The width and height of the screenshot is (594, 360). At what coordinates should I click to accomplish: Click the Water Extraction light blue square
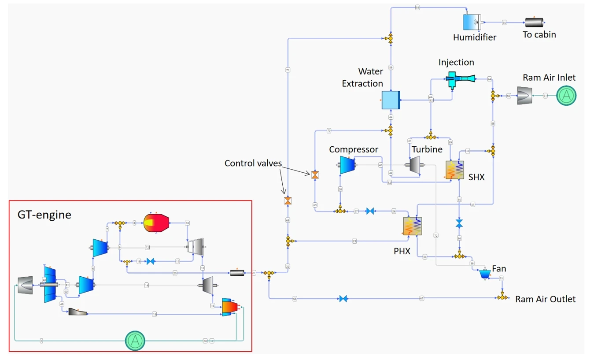click(391, 100)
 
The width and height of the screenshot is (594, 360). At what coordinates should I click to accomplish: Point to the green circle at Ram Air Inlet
click(566, 95)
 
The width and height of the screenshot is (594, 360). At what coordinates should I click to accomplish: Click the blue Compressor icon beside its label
click(347, 165)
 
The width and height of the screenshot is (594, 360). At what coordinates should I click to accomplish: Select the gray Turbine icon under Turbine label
click(415, 166)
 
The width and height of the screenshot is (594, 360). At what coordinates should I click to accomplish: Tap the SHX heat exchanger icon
click(455, 170)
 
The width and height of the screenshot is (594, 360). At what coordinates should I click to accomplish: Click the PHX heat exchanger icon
click(412, 226)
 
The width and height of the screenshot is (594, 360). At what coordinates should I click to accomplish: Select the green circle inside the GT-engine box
click(135, 340)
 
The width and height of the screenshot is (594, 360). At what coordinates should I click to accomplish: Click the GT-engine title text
click(44, 215)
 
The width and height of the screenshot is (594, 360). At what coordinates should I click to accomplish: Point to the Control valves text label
click(253, 163)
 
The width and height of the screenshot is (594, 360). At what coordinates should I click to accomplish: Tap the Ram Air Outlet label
click(545, 299)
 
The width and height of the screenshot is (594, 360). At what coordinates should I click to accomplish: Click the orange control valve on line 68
click(288, 201)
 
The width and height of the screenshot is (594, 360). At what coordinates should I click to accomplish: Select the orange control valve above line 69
click(315, 175)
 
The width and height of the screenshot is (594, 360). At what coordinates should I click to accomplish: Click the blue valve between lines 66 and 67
click(344, 299)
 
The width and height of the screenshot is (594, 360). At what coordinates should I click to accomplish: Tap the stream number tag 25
click(354, 241)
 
